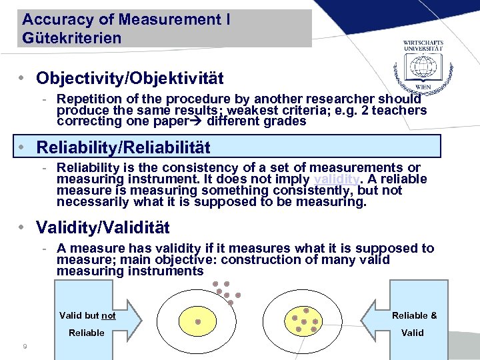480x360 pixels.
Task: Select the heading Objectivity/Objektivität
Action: pos(130,79)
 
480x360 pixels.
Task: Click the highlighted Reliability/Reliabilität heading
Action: pos(123,147)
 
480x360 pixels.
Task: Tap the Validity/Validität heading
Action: pos(103,227)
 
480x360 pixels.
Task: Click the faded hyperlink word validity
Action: pos(337,179)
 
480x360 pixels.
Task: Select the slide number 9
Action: pos(25,346)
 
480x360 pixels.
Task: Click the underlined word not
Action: pos(109,316)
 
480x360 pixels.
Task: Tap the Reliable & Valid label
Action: pos(414,323)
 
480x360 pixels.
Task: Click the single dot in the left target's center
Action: pos(198,321)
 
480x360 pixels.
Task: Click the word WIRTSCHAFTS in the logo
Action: pos(423,43)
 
